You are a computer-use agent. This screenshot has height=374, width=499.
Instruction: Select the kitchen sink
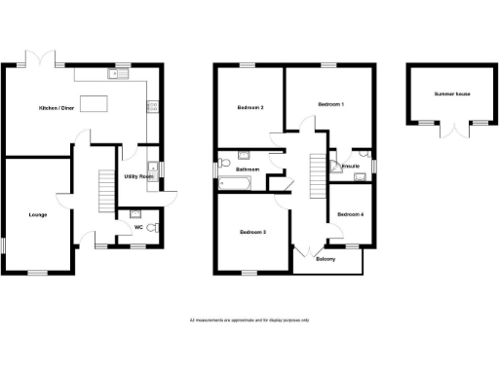122,75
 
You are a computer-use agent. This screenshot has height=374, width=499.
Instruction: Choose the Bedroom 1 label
330,103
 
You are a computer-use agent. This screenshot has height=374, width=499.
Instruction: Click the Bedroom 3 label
252,232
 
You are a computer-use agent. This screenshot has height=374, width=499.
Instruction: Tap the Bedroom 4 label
350,214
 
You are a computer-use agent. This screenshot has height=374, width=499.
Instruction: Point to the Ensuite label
349,167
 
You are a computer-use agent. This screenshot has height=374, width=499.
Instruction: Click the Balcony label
325,259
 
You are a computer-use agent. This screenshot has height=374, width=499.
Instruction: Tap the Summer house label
450,94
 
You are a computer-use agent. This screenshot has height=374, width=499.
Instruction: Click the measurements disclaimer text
249,319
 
